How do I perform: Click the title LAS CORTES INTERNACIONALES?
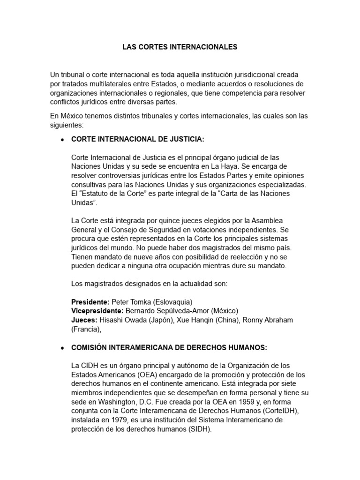(180, 47)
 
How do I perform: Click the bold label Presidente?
(90, 302)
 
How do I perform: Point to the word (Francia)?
(86, 329)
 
